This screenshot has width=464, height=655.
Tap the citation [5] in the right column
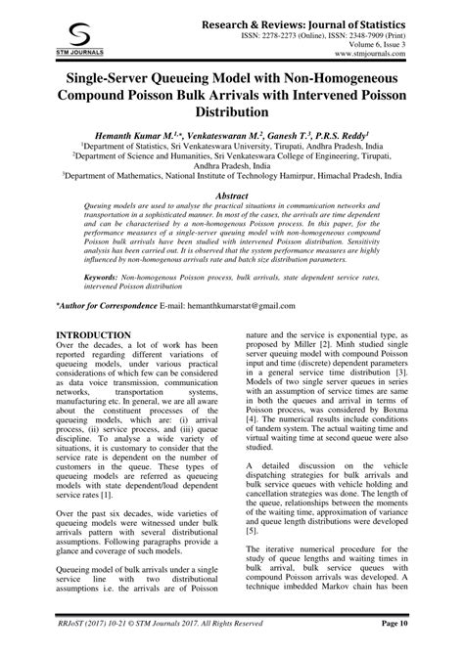[253, 531]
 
